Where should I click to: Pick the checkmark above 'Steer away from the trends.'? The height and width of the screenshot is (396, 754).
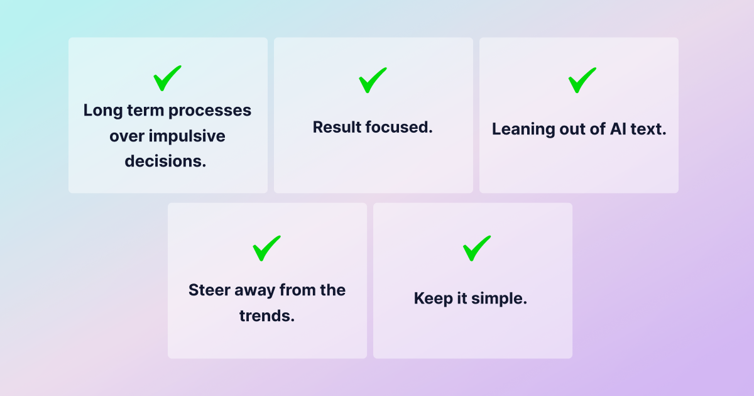tap(265, 249)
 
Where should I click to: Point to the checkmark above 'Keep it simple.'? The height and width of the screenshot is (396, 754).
tap(475, 249)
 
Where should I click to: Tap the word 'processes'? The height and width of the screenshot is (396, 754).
tap(210, 111)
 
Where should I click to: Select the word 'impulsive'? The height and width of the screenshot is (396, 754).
tap(187, 136)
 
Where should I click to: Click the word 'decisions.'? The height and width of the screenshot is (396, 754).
tap(165, 161)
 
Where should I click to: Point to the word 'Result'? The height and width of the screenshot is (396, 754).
tap(337, 127)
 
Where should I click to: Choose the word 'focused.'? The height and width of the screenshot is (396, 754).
tap(399, 127)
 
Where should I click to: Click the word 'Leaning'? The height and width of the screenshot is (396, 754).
tap(523, 129)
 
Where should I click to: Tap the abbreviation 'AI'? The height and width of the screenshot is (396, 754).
tap(618, 129)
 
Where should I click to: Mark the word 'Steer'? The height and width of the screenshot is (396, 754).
tap(209, 290)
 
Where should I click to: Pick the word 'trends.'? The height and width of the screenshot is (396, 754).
tap(267, 316)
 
